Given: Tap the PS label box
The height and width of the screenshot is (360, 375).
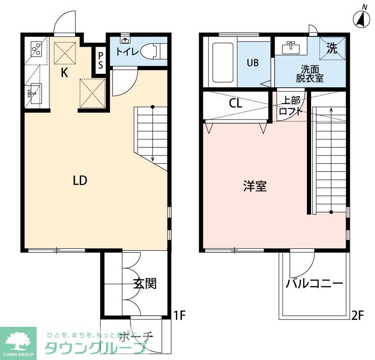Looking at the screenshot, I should pos(101,60).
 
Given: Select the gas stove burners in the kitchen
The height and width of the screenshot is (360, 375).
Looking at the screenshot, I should pos(36,49).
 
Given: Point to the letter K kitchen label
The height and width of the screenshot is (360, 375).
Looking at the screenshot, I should pos(65,72).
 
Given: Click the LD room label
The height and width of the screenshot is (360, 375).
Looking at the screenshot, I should pos(80,180).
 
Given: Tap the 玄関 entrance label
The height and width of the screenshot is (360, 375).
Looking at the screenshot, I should pos(144,283).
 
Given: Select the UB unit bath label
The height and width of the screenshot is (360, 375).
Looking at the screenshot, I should pos(252,63).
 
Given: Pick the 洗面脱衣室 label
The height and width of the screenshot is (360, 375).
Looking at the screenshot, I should pos(309,73).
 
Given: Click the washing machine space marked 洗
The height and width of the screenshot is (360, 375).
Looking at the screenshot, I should pos(332,49).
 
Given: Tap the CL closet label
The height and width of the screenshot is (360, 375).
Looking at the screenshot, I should pos(236,104).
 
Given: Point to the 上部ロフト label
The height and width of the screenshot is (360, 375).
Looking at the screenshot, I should pos(289,106).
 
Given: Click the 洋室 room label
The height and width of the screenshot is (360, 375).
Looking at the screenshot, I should pos(255,186).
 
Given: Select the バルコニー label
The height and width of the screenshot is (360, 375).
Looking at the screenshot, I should pos(314,283).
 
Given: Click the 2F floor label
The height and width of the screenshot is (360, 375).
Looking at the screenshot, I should pos(357,316).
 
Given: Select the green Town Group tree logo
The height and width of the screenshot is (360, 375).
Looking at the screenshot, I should pos(18,339).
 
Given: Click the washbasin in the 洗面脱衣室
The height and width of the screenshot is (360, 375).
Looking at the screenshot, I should pos(292,47).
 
